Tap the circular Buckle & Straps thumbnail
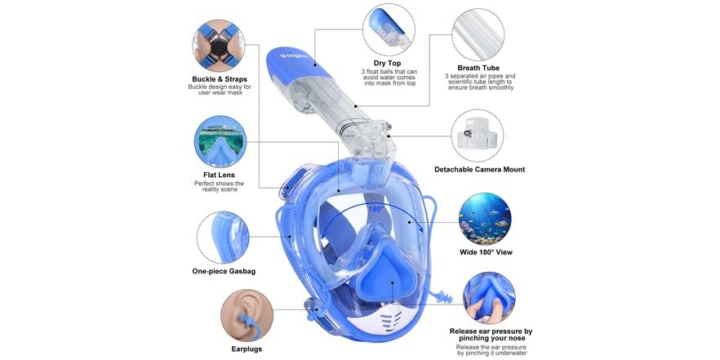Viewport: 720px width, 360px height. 220,46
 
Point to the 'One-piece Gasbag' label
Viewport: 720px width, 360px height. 224,271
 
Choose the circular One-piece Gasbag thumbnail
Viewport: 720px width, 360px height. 223,237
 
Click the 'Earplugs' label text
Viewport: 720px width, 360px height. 247,349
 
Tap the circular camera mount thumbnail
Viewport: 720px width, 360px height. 478,135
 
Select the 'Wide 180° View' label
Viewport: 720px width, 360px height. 487,252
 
